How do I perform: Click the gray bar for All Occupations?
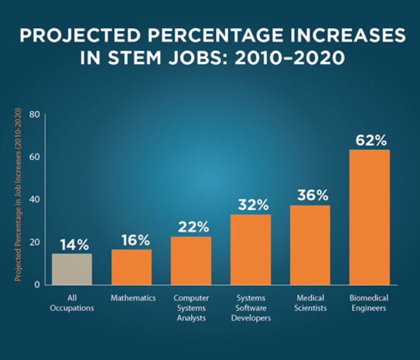pos(72,269)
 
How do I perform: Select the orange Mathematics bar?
pos(131,267)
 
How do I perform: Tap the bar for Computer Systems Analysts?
pos(191,260)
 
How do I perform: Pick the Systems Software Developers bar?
pos(250,249)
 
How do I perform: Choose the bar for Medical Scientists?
pos(310,245)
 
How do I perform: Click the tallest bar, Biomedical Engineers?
pos(369,217)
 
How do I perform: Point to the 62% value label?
pos(369,141)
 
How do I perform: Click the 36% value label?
pos(310,196)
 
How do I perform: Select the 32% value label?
pos(250,205)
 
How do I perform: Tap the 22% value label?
pos(191,227)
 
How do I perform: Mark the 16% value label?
pos(131,240)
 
